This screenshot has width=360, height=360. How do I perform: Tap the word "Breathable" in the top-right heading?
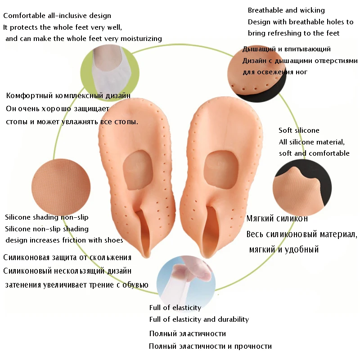pos(266,10)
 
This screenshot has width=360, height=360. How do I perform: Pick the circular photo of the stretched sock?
pos(185,279)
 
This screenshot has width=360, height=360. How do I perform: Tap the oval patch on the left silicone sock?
pos(135,171)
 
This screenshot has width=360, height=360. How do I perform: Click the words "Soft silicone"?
pos(299,130)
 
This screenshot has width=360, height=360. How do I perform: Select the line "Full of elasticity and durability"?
pos(199,319)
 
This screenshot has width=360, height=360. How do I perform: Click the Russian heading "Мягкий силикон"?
pos(277,219)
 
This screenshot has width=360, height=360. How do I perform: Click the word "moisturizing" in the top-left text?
pos(140,39)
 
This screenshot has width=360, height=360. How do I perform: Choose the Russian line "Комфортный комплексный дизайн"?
pos(68,96)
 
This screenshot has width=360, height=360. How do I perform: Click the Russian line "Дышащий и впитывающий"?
pos(287,49)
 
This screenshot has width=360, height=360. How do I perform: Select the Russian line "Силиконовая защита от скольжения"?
pos(67,258)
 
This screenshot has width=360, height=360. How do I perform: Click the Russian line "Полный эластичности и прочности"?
pos(211,346)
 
